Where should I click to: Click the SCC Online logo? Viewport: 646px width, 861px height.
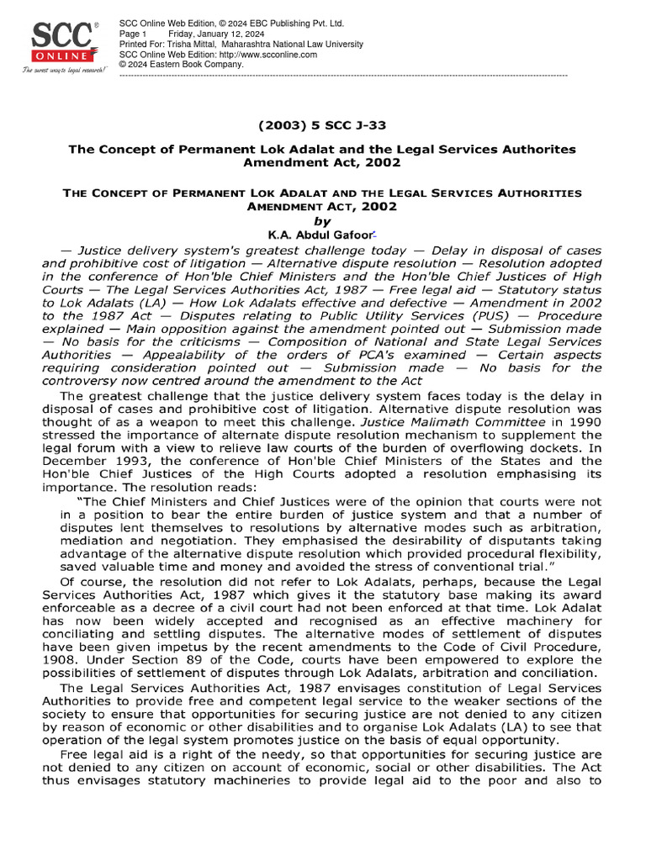(64, 42)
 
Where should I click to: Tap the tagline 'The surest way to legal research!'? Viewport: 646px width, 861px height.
(64, 71)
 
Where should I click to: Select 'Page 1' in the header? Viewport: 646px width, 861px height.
(134, 33)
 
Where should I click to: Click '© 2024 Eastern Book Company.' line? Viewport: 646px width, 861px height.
(182, 64)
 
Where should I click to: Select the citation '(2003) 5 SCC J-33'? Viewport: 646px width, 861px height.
(323, 125)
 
